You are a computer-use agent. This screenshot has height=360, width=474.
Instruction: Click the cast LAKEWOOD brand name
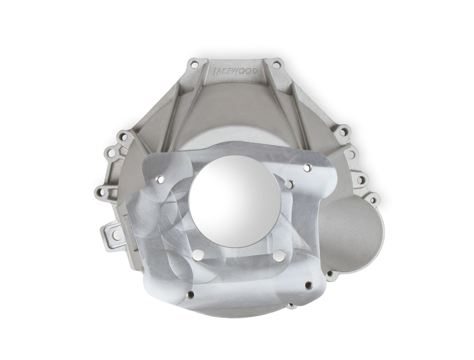[236, 72]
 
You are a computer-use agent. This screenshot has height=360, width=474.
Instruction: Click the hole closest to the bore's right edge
[288, 184]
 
